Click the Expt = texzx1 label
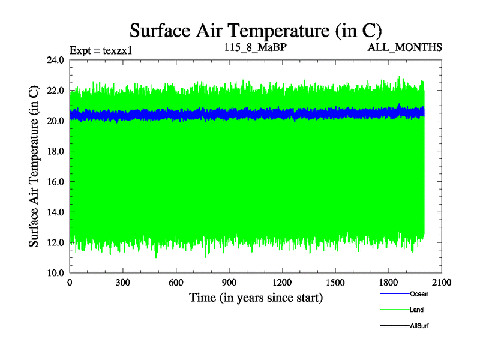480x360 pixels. point(100,49)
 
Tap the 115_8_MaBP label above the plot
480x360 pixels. point(256,46)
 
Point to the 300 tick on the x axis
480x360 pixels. point(123,283)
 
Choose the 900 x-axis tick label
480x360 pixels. point(229,283)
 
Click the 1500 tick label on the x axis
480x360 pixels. point(335,283)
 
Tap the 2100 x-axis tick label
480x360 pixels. point(442,283)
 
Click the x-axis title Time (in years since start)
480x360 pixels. point(256,298)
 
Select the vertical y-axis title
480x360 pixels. point(35,166)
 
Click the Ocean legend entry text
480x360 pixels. point(419,294)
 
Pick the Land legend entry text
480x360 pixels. point(417,310)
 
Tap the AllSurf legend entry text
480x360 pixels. point(419,325)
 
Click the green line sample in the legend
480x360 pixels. point(394,310)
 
